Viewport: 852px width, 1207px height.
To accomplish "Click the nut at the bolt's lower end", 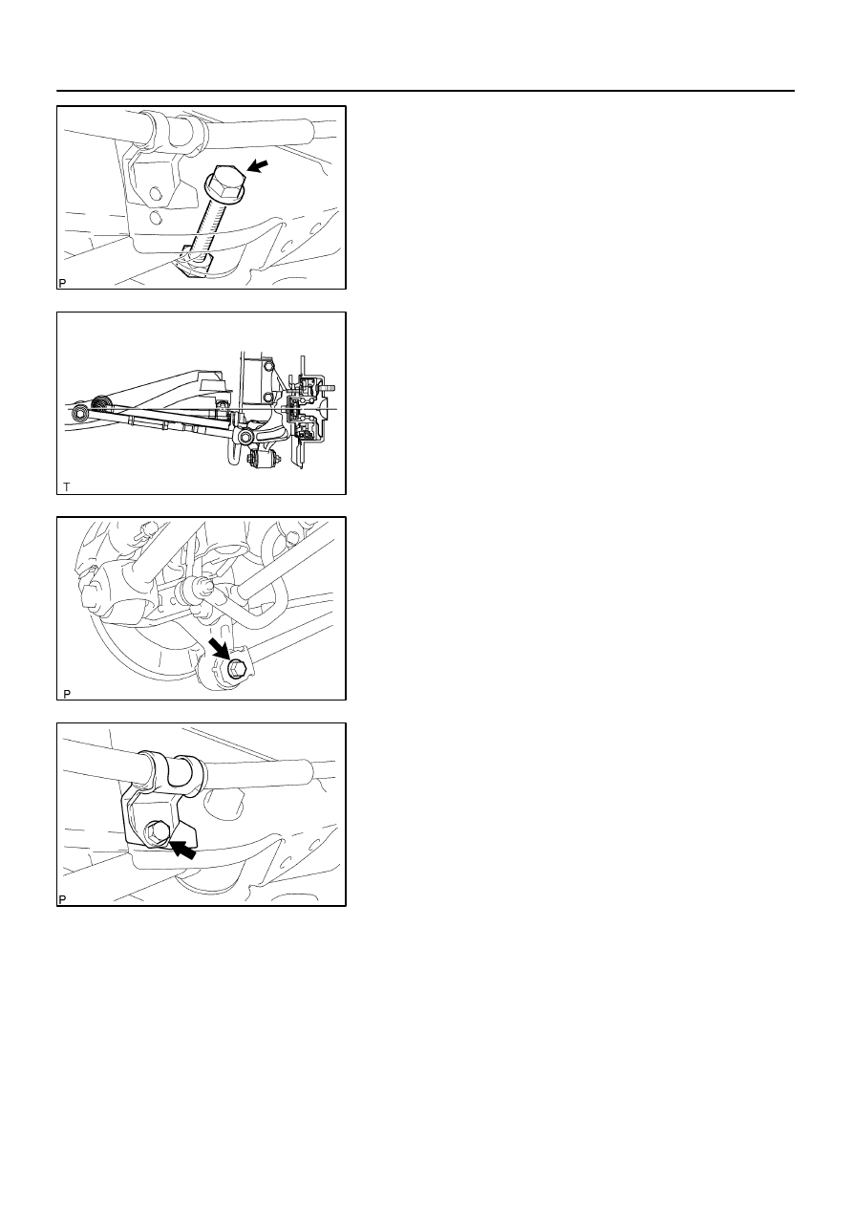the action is [x=198, y=264].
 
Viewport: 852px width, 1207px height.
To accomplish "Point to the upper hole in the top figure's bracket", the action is [x=155, y=194].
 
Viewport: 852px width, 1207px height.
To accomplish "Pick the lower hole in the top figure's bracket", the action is [x=156, y=218].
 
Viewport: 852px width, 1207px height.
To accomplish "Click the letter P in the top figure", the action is [x=62, y=284].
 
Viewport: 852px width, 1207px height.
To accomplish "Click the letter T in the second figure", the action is [x=67, y=487].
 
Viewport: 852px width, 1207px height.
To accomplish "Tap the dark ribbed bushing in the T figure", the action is [x=100, y=403].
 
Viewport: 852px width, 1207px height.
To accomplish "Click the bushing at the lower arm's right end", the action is [x=245, y=436].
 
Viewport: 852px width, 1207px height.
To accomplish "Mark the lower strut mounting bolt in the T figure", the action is [x=268, y=398].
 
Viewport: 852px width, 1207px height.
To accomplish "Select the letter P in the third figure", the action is [x=67, y=694].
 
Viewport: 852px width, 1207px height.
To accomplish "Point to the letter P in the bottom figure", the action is [x=62, y=900].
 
